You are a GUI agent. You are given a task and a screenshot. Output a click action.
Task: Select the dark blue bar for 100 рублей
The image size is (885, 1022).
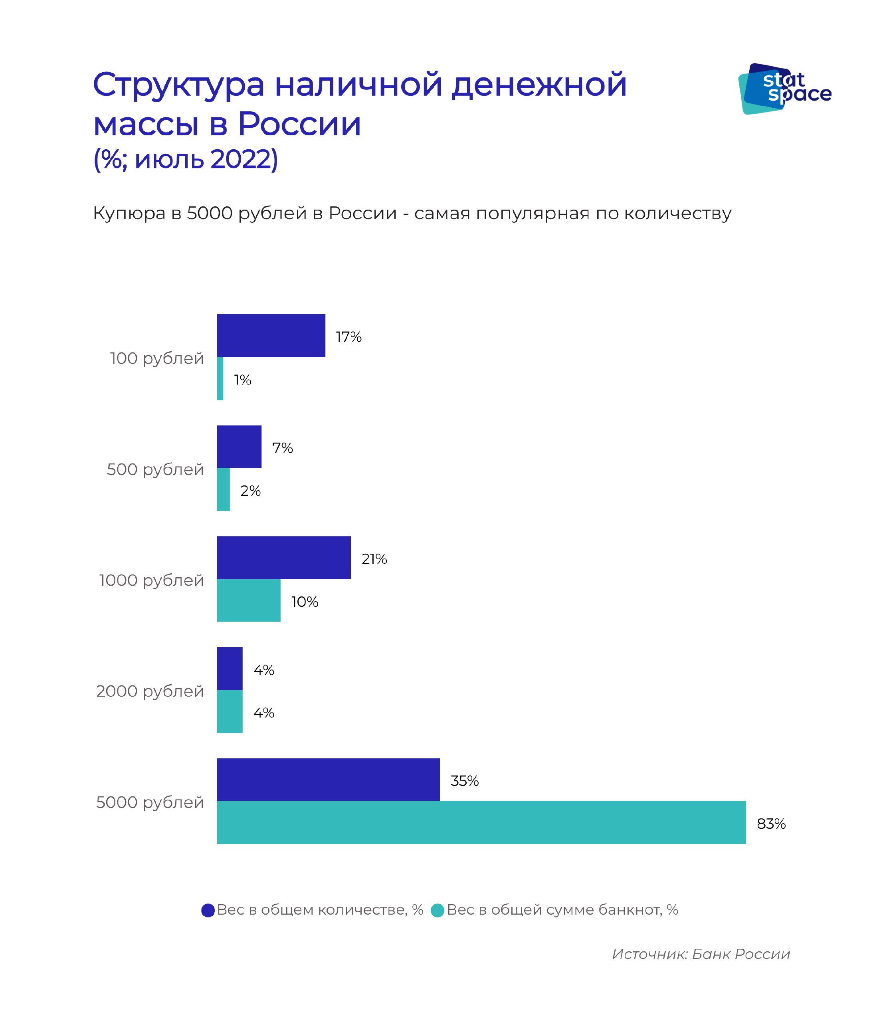click(271, 335)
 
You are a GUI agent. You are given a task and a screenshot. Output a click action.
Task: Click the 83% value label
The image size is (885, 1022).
click(771, 824)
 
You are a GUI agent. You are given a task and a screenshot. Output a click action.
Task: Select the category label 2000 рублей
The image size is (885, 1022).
click(150, 691)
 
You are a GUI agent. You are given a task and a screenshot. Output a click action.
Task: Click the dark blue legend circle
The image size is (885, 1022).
click(208, 910)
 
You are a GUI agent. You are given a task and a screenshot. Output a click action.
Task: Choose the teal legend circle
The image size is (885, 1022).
click(438, 910)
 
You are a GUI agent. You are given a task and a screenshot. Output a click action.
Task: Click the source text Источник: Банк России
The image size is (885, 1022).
click(701, 954)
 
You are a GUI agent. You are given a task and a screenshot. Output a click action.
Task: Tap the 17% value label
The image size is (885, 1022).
click(348, 337)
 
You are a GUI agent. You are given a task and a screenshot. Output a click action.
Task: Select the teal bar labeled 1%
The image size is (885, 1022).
click(220, 378)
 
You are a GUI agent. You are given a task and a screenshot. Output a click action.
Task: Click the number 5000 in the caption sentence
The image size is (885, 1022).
click(210, 214)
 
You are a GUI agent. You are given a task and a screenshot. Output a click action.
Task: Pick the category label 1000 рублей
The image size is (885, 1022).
click(151, 580)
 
